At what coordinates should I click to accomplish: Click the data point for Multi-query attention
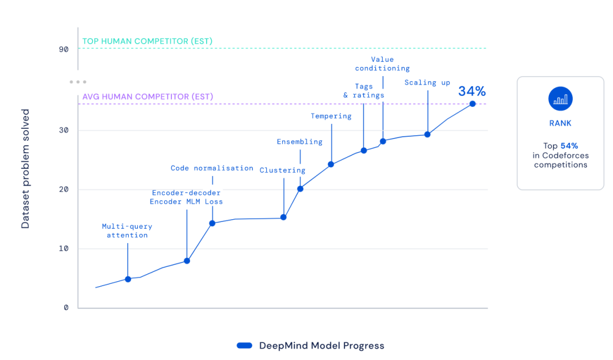128,279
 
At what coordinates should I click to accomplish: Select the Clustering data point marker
283,217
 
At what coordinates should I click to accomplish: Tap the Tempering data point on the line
331,165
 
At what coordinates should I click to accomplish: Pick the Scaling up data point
427,135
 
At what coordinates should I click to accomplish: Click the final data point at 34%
472,103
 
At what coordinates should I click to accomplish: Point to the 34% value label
472,91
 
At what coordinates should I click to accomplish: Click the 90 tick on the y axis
63,49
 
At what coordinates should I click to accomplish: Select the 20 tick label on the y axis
64,190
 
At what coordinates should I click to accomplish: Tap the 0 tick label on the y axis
66,308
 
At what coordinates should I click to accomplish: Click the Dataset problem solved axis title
26,169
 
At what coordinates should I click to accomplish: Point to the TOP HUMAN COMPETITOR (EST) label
148,41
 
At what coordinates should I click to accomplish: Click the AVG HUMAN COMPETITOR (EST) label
148,97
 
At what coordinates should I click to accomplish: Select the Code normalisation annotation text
212,168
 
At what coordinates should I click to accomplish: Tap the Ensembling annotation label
299,141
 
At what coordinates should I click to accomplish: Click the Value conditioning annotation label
382,64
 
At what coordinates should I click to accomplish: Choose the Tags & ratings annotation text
364,90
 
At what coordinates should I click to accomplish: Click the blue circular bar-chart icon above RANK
560,99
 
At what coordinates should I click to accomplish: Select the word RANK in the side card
560,123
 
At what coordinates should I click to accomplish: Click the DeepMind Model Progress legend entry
310,345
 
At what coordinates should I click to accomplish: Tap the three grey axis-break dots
78,82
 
